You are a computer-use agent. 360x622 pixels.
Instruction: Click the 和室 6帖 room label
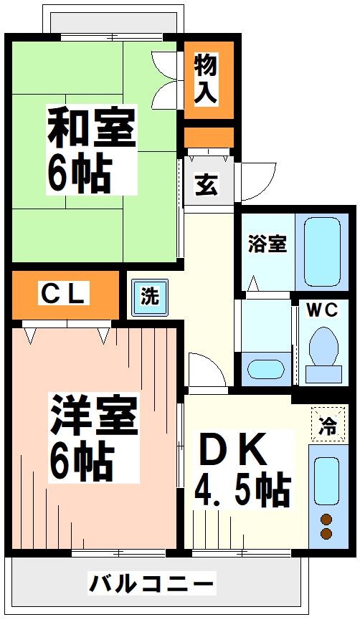(90, 150)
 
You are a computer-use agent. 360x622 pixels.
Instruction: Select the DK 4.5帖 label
(242, 469)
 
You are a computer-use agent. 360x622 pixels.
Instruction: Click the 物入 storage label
(208, 79)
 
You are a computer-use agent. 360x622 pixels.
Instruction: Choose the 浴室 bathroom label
(267, 244)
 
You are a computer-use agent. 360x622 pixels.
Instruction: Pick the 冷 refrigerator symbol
(327, 426)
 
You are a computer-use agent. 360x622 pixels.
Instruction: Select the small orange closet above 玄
(209, 136)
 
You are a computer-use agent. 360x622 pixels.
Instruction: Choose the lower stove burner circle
(326, 534)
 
